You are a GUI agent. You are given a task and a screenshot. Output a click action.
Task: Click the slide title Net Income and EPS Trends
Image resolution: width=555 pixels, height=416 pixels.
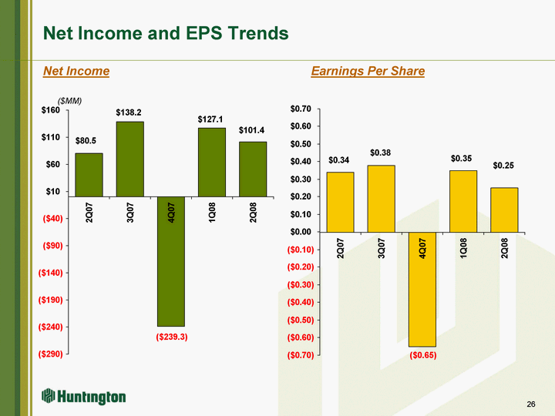(x=166, y=33)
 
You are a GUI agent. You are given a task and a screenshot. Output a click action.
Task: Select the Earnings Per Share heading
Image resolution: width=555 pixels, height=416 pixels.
(x=368, y=71)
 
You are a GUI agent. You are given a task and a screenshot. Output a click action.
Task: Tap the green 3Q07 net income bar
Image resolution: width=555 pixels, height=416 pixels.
(x=129, y=159)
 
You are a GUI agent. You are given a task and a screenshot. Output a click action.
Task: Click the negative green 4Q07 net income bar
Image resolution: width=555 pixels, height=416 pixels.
(x=170, y=261)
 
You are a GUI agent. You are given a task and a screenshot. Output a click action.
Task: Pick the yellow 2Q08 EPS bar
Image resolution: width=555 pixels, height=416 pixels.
(x=504, y=210)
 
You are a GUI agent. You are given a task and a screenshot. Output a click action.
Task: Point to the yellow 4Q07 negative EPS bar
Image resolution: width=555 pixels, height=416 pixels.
(x=422, y=289)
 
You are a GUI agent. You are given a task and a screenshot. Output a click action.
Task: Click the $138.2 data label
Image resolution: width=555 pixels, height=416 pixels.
(x=129, y=112)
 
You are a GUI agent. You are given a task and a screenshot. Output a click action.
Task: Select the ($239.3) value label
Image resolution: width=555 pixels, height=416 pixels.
(x=171, y=337)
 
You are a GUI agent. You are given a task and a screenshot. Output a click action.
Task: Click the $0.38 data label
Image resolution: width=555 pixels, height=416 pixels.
(x=382, y=153)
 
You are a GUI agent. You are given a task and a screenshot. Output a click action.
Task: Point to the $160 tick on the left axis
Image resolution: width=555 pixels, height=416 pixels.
(x=52, y=111)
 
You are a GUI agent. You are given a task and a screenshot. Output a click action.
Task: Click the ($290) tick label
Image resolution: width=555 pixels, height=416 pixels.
(x=50, y=354)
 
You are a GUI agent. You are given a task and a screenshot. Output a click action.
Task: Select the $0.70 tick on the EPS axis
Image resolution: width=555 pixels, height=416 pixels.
(x=301, y=109)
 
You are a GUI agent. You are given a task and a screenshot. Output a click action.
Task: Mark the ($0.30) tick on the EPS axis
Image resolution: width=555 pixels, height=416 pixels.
(x=299, y=284)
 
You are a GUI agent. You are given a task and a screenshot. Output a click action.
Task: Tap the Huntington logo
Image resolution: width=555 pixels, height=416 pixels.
(x=84, y=397)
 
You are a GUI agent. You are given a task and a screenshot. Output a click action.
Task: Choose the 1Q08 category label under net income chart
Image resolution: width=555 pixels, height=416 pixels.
(x=212, y=210)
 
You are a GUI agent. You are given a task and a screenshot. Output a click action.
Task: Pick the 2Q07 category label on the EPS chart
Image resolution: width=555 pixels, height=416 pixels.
(x=341, y=248)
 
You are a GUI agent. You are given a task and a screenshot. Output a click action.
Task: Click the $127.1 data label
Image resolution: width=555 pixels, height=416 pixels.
(x=211, y=119)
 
